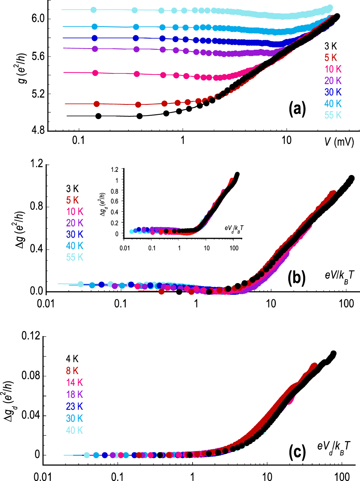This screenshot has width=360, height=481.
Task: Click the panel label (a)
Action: pos(297,109)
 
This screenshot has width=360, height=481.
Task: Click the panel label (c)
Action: pos(297,452)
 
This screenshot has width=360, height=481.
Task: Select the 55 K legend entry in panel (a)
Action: pos(333,115)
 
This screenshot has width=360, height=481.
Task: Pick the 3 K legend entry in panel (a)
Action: pos(330,46)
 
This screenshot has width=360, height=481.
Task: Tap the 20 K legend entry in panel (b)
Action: pos(75,223)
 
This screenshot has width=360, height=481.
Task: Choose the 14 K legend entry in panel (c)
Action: pos(74,382)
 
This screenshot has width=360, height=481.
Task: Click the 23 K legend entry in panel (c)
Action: pos(74,406)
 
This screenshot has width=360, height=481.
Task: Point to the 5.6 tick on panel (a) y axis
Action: pos(38,56)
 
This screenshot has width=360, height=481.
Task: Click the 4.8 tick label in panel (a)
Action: pos(38,130)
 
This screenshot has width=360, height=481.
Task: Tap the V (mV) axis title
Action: pos(339,141)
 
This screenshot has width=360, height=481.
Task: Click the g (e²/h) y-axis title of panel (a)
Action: pos(22,68)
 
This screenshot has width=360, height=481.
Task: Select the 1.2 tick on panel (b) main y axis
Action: pos(37,164)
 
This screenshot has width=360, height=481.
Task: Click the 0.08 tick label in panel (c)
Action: pos(31,376)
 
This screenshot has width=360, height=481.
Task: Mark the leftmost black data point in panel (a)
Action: pos(98,116)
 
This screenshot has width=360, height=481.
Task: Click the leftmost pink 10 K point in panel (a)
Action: pos(95,73)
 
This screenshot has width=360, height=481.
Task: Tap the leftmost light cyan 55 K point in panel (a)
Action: pos(94,10)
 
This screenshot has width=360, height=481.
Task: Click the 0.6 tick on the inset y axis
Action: pos(114,201)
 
